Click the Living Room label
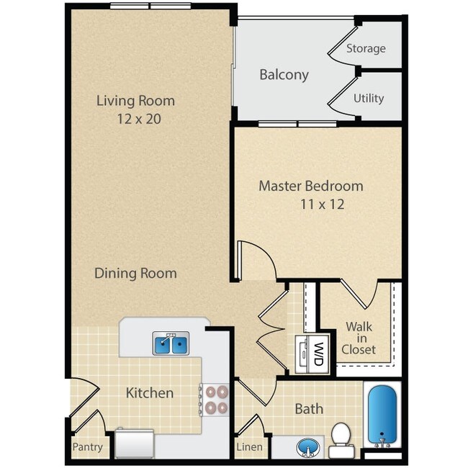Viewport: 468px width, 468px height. [135, 100]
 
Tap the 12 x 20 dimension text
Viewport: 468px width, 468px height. [135, 118]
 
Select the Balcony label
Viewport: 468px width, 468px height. [284, 74]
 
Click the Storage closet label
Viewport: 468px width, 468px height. [366, 49]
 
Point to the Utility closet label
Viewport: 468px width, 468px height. [368, 98]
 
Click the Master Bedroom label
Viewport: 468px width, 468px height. [311, 186]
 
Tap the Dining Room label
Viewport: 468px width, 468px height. [135, 273]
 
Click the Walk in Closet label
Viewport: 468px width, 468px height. [359, 338]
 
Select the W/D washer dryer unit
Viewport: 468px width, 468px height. [313, 354]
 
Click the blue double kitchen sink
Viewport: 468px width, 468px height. [171, 345]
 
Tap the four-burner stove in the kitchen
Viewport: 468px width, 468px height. [216, 400]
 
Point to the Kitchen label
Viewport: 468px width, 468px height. [150, 392]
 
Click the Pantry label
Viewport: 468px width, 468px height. [87, 447]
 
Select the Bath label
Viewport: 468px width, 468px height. [309, 409]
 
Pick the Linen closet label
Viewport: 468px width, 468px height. [248, 447]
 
